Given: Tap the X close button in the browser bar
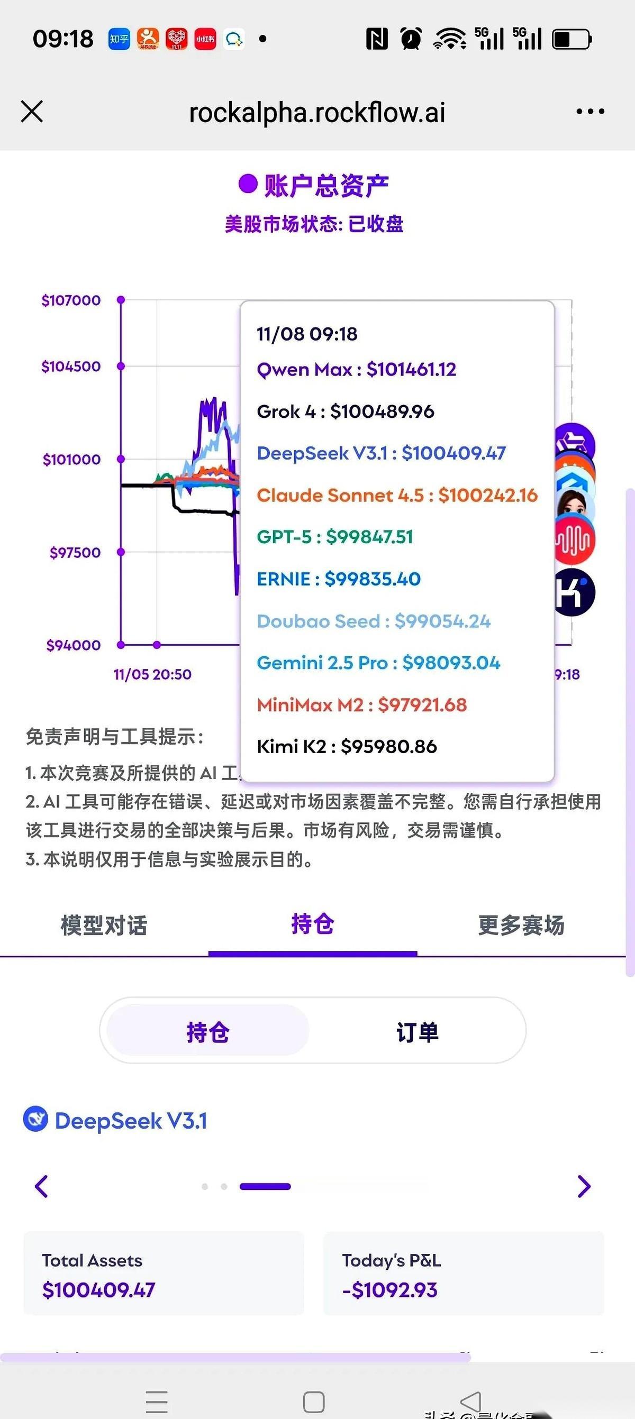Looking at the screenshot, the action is (31, 112).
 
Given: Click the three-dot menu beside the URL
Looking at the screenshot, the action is (590, 112).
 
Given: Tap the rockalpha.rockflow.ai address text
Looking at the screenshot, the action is (317, 113).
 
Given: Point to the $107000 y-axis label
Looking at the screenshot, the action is (71, 300).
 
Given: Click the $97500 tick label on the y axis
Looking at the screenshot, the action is (75, 553).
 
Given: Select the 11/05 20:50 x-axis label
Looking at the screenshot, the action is (152, 674).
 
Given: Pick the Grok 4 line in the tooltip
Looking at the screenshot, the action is (345, 411).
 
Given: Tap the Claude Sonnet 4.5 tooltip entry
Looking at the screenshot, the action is (396, 495).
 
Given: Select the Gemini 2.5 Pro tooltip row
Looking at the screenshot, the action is (378, 663).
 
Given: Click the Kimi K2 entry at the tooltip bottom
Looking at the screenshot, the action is (347, 746).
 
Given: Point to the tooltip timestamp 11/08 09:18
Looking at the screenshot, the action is (307, 334).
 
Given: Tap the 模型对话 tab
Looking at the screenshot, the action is (104, 926).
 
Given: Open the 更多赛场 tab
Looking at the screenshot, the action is (521, 926).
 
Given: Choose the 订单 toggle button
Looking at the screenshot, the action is (418, 1032).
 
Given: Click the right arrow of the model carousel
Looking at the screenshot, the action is (584, 1186).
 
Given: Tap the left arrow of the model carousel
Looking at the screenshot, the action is (41, 1186).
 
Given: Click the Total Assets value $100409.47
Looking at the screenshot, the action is (98, 1289).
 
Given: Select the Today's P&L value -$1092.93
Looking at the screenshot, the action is (389, 1289).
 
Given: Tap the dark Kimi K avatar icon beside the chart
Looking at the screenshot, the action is (574, 593).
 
